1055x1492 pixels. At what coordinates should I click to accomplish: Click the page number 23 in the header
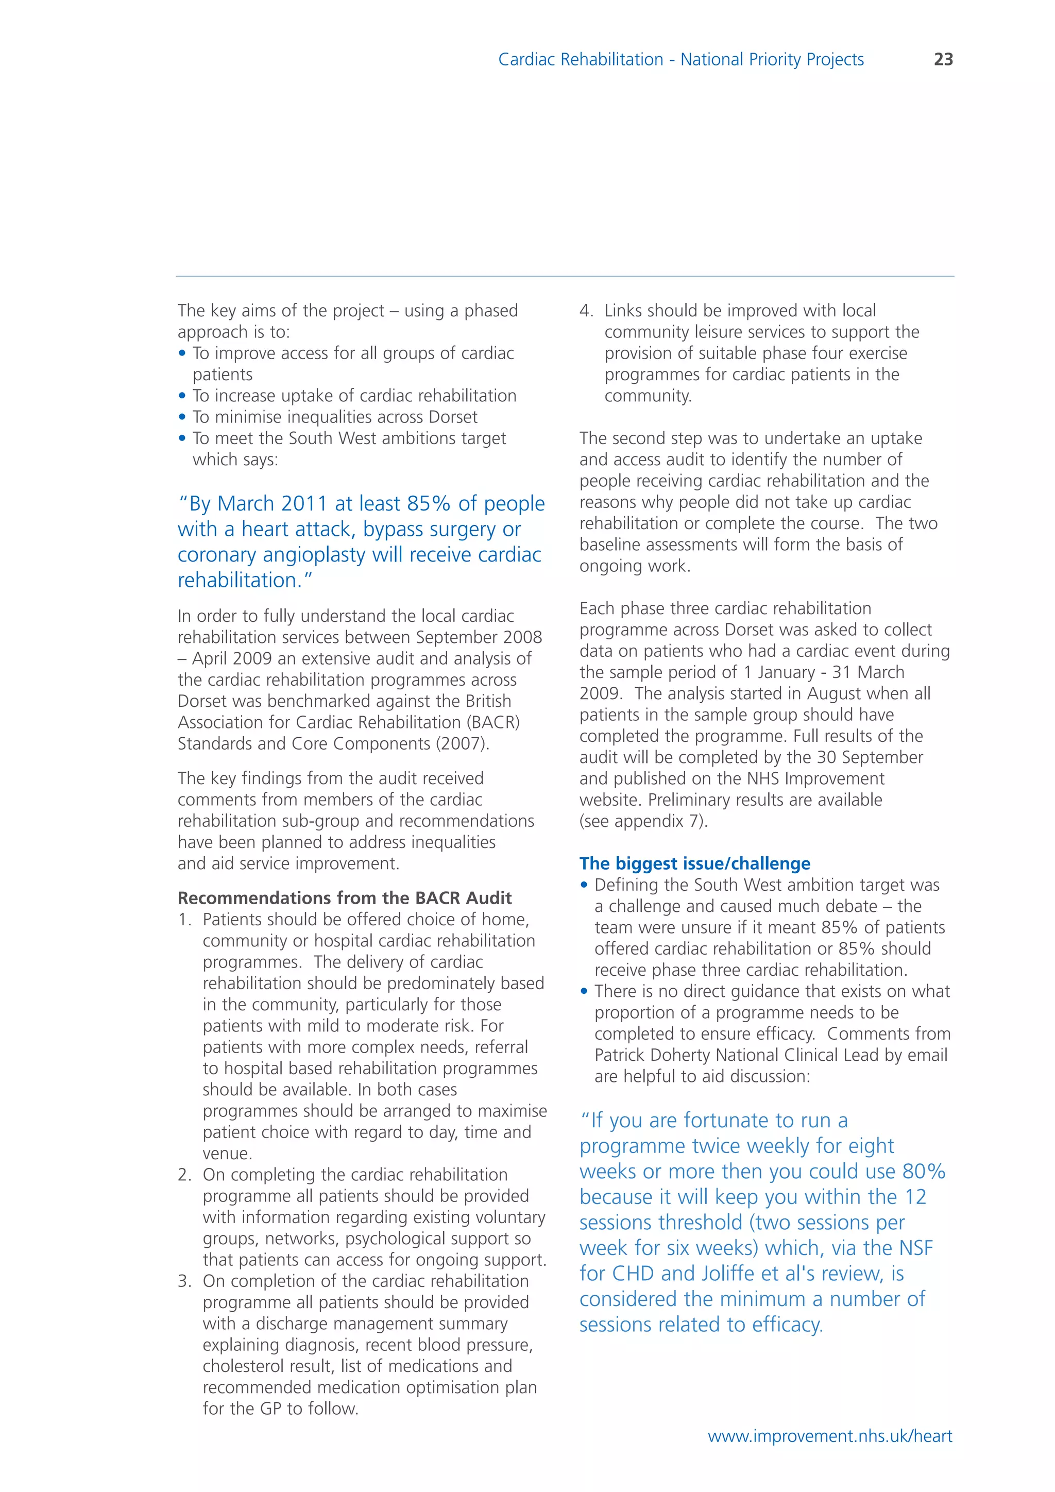[943, 60]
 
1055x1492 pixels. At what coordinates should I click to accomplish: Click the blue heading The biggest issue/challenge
[694, 863]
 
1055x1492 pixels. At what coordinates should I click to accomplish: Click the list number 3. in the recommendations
[184, 1281]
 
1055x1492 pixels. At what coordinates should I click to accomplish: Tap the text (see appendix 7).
[643, 821]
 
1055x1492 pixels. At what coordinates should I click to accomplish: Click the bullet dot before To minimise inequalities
[182, 417]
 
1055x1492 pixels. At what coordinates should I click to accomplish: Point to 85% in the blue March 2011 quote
[428, 504]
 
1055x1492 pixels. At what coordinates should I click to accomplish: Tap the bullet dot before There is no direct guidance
[584, 992]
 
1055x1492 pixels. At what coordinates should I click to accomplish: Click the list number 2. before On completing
[184, 1175]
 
